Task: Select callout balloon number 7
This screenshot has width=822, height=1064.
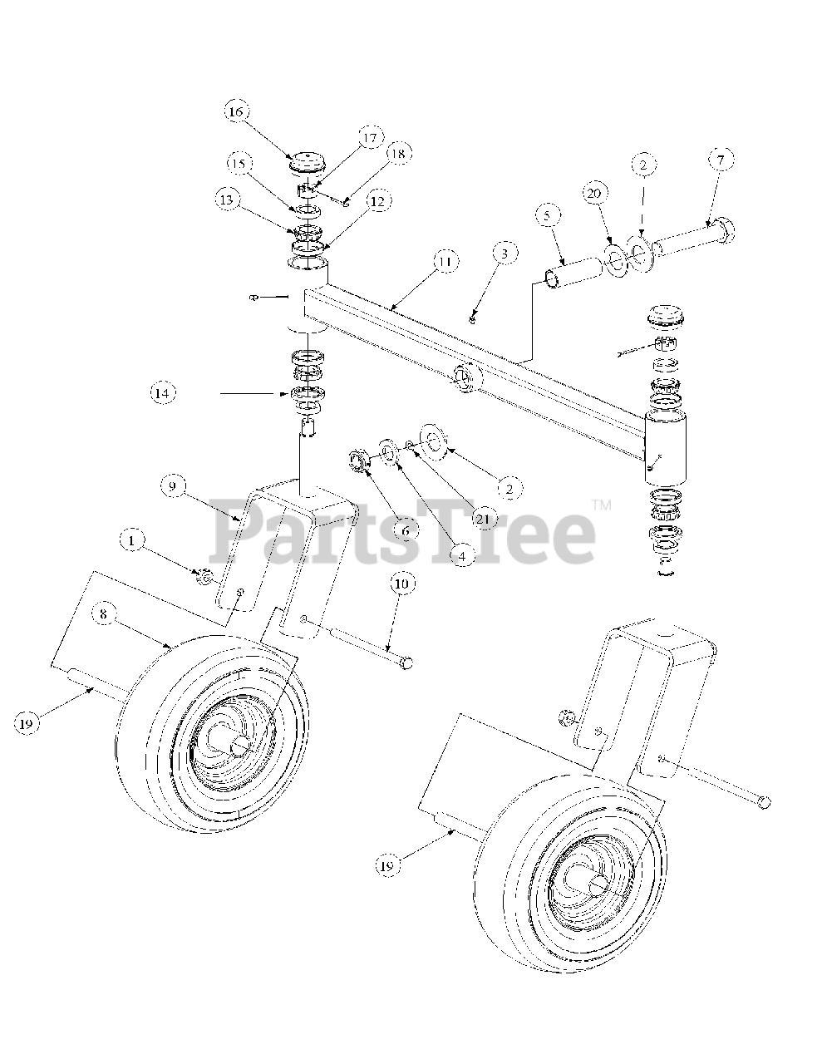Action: pos(721,159)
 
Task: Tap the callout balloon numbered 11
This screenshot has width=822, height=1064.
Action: pos(445,261)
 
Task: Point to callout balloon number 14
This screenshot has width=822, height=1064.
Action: pos(164,392)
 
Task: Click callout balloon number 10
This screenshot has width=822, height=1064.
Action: pos(401,585)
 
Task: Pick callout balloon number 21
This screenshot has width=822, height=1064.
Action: pos(485,520)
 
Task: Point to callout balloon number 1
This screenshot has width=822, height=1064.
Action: pos(130,541)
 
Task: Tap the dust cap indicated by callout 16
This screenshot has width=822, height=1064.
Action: pos(307,161)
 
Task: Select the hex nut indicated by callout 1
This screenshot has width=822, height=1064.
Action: pos(202,575)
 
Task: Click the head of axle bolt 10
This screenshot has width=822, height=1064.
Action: pos(406,662)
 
